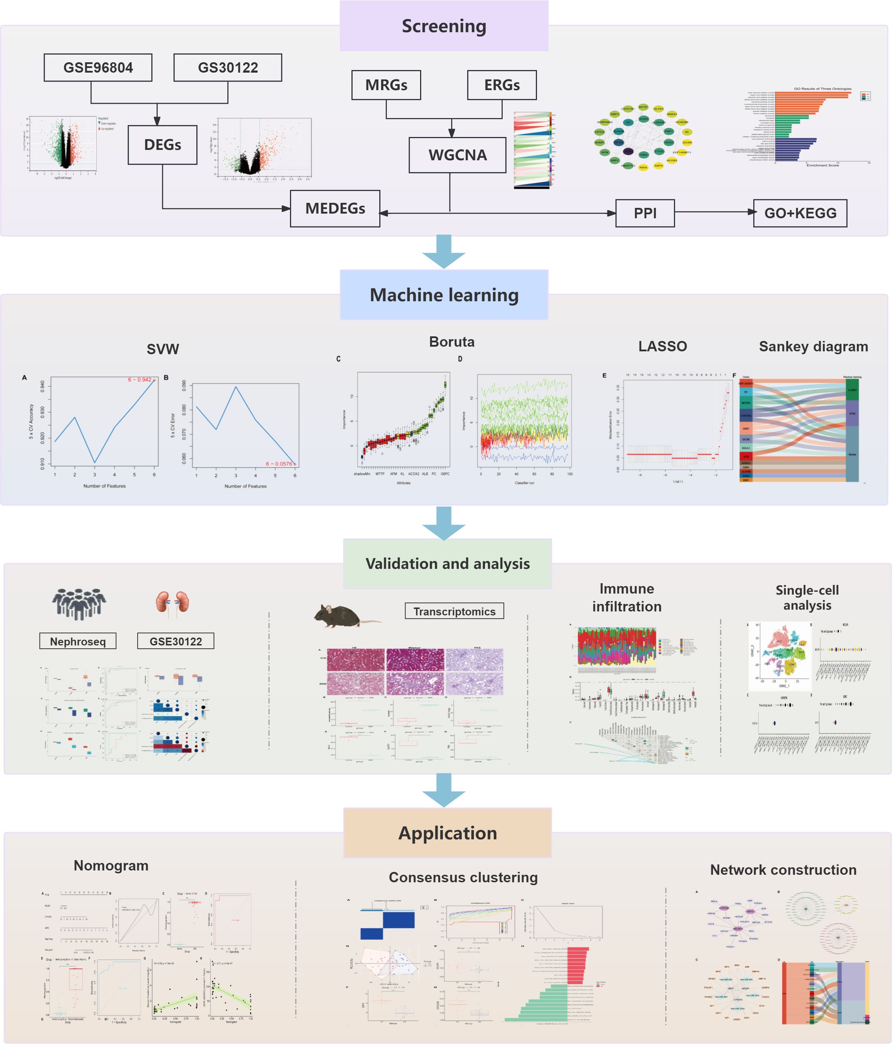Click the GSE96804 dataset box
pos(98,68)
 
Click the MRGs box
pos(386,85)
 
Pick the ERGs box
pos(502,85)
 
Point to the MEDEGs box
pos(335,209)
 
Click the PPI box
pos(645,213)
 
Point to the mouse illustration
pos(342,615)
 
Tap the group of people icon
pos(79,604)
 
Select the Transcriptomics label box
pos(454,611)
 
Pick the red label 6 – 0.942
pos(139,379)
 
